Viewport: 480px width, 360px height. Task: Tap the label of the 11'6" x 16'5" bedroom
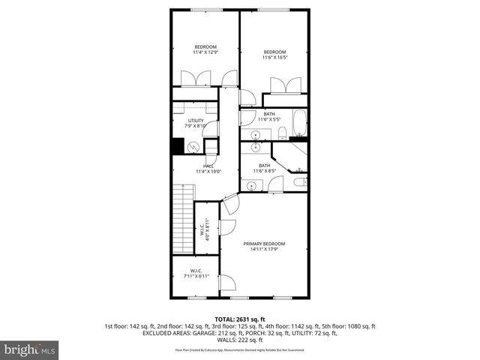point(274,55)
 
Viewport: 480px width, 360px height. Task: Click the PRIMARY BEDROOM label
point(264,246)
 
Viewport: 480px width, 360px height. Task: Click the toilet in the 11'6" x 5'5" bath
point(282,133)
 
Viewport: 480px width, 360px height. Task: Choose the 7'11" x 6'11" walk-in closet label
point(196,273)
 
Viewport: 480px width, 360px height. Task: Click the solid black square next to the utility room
point(178,147)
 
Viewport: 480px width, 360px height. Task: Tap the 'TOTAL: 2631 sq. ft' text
point(239,319)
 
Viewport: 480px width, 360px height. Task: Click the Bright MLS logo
point(30,349)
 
